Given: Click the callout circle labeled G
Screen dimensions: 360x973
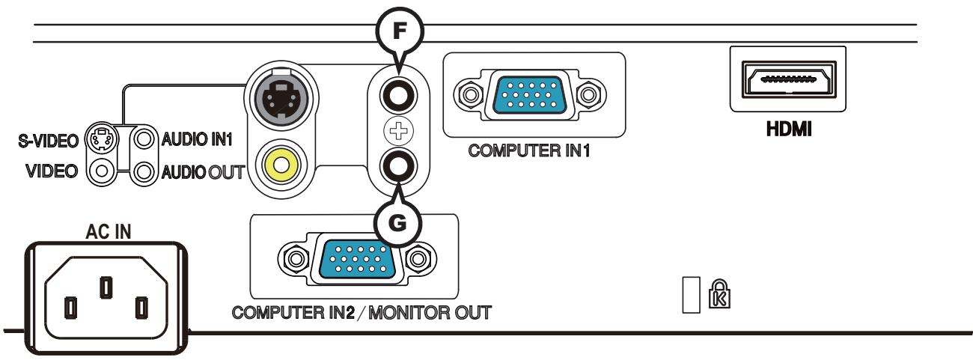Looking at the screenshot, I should (398, 223).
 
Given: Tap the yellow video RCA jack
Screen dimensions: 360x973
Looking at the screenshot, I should (281, 167).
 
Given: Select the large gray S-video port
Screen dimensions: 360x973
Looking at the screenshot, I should (281, 97).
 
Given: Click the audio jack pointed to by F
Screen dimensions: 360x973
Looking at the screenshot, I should (397, 96).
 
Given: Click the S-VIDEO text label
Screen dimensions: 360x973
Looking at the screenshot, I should (44, 141).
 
